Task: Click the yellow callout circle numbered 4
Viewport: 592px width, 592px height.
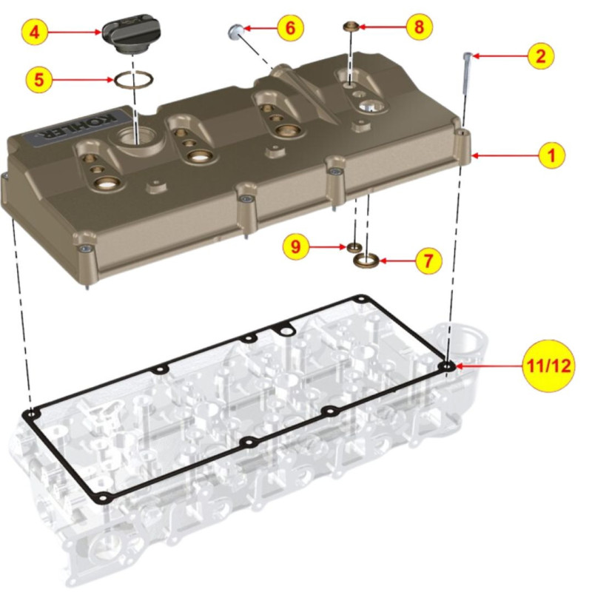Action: point(34,32)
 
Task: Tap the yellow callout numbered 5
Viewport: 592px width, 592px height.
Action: point(39,80)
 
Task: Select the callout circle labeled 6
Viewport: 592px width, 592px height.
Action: point(290,27)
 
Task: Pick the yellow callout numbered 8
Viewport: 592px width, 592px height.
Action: point(419,27)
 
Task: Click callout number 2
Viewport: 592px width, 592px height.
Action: point(541,56)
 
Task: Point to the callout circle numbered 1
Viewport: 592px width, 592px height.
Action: point(551,155)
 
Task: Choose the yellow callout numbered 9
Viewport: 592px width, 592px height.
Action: point(296,246)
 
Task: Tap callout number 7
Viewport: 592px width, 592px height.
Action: point(428,260)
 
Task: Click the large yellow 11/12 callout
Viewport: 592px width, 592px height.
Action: point(548,365)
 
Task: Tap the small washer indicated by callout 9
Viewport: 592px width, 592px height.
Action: point(354,248)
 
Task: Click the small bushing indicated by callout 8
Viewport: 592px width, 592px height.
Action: point(350,27)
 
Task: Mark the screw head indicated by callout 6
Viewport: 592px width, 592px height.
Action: point(236,30)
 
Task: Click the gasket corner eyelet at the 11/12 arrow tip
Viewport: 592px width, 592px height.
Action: point(448,366)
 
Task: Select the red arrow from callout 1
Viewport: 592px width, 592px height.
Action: point(505,155)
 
